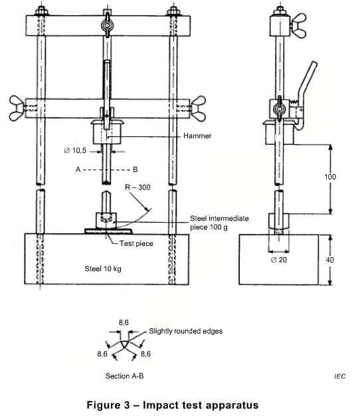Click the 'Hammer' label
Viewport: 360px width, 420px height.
pyautogui.click(x=161, y=136)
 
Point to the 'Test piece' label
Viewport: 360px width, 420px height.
pyautogui.click(x=136, y=244)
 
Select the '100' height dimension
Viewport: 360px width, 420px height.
pyautogui.click(x=330, y=177)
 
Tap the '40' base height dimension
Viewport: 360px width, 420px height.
pyautogui.click(x=331, y=261)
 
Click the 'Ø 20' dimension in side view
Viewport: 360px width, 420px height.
pyautogui.click(x=280, y=261)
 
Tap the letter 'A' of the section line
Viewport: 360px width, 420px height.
pyautogui.click(x=78, y=170)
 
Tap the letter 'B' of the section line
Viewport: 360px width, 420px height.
pyautogui.click(x=135, y=170)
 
